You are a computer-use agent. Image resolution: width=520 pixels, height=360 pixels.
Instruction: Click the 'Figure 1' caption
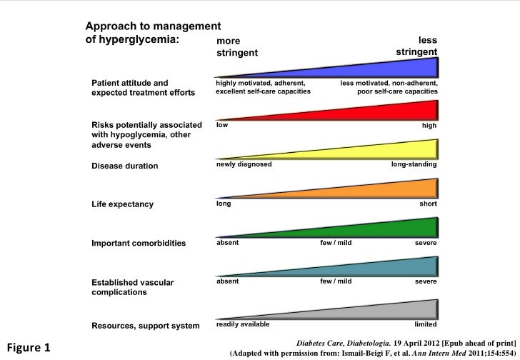pos(27,349)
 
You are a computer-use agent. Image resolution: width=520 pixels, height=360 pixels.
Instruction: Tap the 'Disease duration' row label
pos(124,166)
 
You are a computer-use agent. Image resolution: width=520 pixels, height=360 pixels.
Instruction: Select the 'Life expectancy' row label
pos(122,204)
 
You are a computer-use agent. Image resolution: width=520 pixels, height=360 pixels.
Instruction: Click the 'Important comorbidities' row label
pos(139,243)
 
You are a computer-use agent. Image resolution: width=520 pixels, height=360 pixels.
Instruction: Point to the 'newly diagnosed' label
pos(244,164)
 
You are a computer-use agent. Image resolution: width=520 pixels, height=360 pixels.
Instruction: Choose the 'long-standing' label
pos(414,164)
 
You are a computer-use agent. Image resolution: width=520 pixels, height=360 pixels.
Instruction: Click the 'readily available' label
pos(243,324)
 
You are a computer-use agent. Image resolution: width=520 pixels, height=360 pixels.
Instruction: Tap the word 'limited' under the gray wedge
pos(425,324)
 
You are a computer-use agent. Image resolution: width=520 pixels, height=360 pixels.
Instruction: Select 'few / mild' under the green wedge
pos(336,242)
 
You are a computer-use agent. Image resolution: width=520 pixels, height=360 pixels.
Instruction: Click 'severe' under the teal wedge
pos(426,281)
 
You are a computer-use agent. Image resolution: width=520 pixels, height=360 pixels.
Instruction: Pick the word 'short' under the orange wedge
pos(428,203)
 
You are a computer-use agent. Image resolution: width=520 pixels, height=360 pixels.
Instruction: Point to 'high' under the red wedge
pos(429,124)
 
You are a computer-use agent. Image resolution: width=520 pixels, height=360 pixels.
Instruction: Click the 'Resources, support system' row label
pos(145,326)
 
